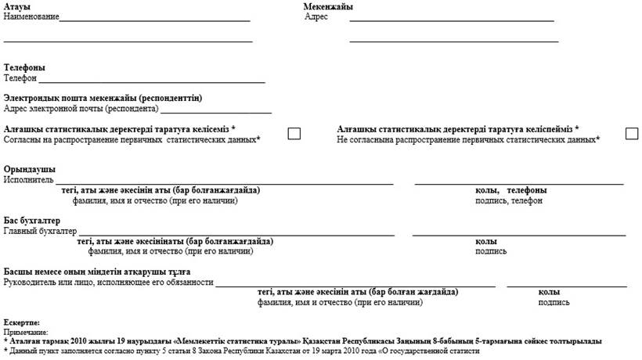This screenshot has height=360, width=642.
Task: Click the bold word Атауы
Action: (16, 7)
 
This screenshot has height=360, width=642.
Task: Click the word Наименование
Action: (31, 16)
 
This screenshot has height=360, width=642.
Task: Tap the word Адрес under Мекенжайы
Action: (316, 16)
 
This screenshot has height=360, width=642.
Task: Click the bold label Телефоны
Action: (23, 68)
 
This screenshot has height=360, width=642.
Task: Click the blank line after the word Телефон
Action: (152, 80)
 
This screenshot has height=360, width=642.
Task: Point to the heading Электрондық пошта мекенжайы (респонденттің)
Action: (103, 98)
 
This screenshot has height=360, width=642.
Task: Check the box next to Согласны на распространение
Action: (294, 133)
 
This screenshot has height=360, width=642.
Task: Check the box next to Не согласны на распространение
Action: (632, 133)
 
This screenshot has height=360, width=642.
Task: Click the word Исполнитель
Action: (29, 180)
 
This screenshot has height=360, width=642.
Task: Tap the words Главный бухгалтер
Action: (40, 232)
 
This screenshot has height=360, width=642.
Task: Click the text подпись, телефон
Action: (508, 201)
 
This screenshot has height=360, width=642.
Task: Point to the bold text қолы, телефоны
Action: (510, 191)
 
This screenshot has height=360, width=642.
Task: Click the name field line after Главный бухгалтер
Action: (236, 233)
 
